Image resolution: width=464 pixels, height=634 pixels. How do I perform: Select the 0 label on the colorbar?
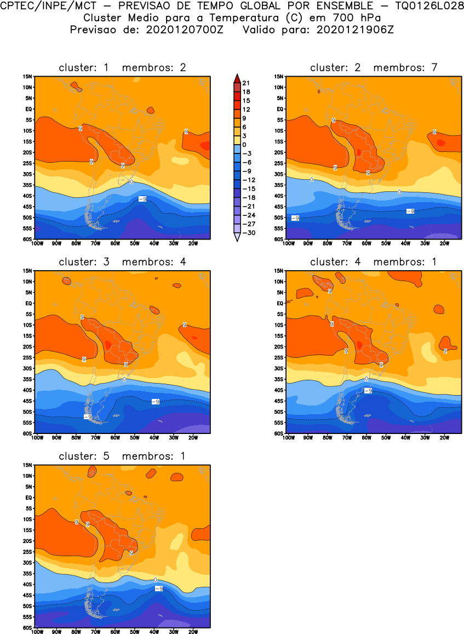(244, 144)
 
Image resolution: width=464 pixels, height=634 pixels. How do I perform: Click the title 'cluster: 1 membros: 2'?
(122, 68)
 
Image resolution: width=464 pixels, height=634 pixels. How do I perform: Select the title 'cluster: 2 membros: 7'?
(374, 68)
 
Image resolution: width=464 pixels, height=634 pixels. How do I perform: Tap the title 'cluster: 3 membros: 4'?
(122, 262)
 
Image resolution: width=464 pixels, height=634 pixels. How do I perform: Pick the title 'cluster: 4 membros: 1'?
(374, 262)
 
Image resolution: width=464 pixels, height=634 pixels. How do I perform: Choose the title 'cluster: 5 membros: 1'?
(122, 456)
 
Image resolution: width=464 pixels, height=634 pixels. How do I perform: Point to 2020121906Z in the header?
(355, 30)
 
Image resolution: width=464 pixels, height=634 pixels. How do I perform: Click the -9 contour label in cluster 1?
(142, 199)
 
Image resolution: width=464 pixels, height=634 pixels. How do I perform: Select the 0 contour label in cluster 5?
(156, 580)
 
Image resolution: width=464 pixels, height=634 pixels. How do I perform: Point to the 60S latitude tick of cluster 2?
(279, 239)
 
